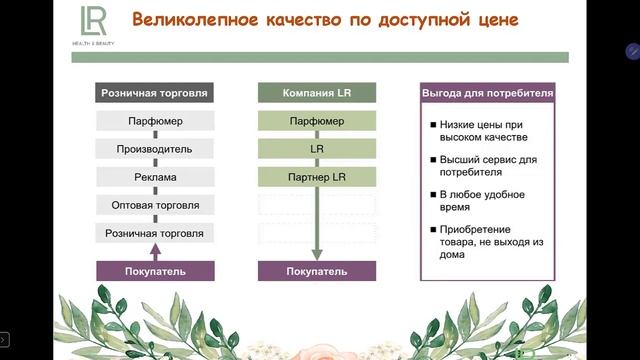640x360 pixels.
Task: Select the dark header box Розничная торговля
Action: pyautogui.click(x=155, y=94)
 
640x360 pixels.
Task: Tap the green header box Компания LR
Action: pyautogui.click(x=317, y=94)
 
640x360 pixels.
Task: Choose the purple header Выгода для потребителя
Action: pyautogui.click(x=487, y=94)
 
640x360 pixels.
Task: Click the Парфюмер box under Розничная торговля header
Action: pyautogui.click(x=155, y=122)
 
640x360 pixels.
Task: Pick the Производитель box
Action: pyautogui.click(x=155, y=150)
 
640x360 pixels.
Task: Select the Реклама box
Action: pyautogui.click(x=155, y=178)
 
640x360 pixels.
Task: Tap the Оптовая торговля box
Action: pyautogui.click(x=155, y=206)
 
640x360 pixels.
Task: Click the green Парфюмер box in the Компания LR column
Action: pyautogui.click(x=317, y=122)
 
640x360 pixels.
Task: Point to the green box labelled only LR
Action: pyautogui.click(x=317, y=150)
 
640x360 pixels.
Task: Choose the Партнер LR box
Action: pyautogui.click(x=317, y=178)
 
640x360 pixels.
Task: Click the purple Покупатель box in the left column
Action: pyautogui.click(x=155, y=271)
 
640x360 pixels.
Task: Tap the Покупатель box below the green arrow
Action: pyautogui.click(x=317, y=271)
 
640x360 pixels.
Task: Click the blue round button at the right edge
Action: pyautogui.click(x=633, y=50)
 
